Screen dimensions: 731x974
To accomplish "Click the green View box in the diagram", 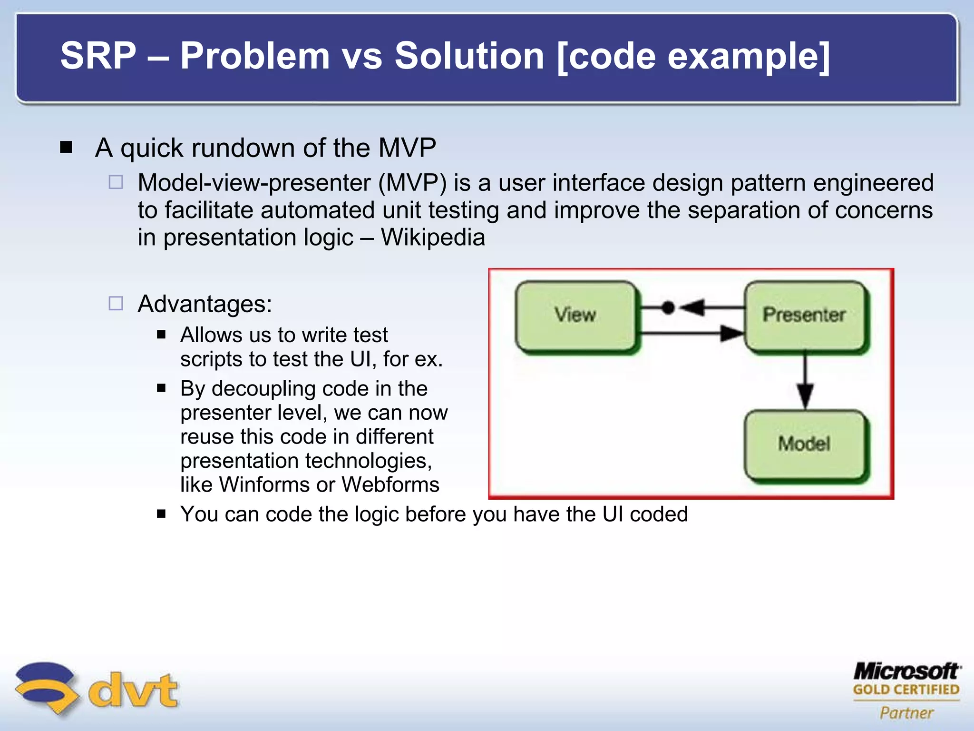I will pos(575,315).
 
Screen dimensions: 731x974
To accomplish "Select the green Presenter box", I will pos(805,315).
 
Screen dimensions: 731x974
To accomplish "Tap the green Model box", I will pos(805,444).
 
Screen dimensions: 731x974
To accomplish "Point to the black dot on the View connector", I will pos(668,307).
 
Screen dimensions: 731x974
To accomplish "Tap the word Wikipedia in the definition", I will pos(433,237).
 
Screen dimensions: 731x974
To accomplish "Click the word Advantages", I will pos(205,304).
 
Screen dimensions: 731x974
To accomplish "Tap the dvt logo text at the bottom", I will pos(133,690).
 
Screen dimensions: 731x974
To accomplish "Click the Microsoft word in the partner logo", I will pos(906,671).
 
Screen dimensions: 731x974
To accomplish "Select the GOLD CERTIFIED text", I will pos(906,690).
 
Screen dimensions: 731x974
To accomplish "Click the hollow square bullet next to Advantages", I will pos(116,303).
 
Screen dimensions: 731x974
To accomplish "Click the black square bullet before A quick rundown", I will pos(66,147).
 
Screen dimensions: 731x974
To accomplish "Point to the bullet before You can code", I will pos(161,514).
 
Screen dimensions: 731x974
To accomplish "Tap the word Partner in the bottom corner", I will pos(906,712).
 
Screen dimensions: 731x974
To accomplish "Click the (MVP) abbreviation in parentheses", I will pos(412,183).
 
